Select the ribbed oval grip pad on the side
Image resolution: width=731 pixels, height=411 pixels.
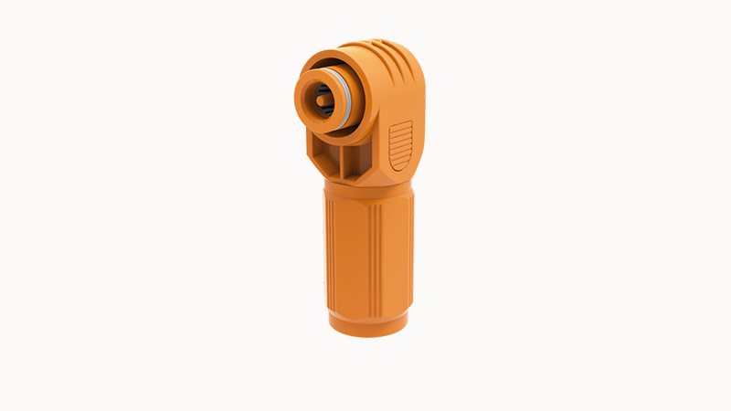(400, 146)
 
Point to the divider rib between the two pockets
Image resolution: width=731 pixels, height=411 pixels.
(338, 163)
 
